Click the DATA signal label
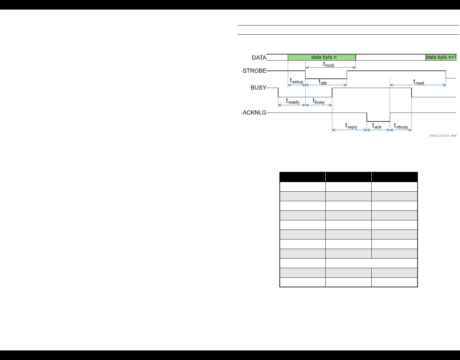(259, 58)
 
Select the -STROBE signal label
(254, 71)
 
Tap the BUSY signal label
(258, 88)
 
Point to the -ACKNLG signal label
(254, 113)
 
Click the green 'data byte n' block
(322, 57)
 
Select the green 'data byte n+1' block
(441, 57)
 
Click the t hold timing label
(328, 64)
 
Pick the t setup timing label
(296, 81)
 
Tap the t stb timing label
(323, 82)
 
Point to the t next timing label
(419, 82)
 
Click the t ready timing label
(293, 101)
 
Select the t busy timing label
(318, 101)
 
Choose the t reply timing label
(351, 126)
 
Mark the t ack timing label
(377, 126)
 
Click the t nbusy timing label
(401, 126)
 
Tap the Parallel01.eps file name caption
(443, 136)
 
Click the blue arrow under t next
(418, 85)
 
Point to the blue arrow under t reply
(350, 130)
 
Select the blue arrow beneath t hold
(330, 68)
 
